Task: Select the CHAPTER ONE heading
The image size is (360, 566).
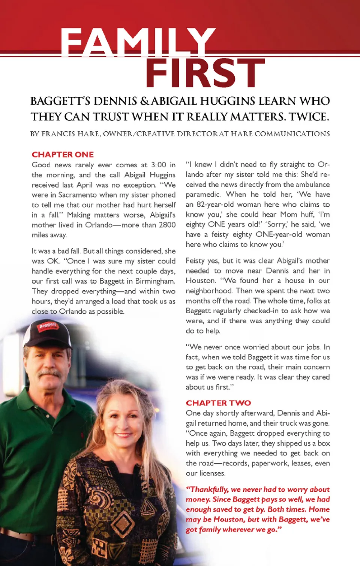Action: tap(63, 155)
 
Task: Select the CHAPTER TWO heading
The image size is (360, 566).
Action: tap(218, 403)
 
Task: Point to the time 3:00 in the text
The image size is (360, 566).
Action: tap(158, 165)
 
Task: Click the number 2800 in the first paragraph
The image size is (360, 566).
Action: tap(167, 225)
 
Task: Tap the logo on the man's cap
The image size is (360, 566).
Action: tap(47, 326)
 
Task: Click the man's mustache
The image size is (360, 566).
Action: tap(49, 373)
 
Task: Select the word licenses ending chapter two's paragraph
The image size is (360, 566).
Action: tap(212, 473)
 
